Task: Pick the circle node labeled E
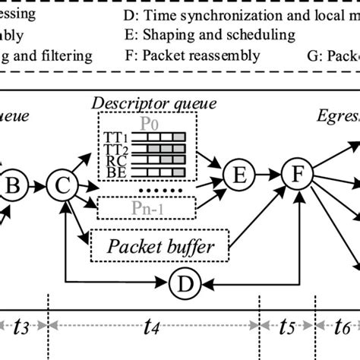[240, 175]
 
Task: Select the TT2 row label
[112, 149]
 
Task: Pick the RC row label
[112, 160]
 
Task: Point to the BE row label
[112, 172]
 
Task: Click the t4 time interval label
[152, 330]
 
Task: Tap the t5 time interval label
[286, 330]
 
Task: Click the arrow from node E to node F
[268, 175]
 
